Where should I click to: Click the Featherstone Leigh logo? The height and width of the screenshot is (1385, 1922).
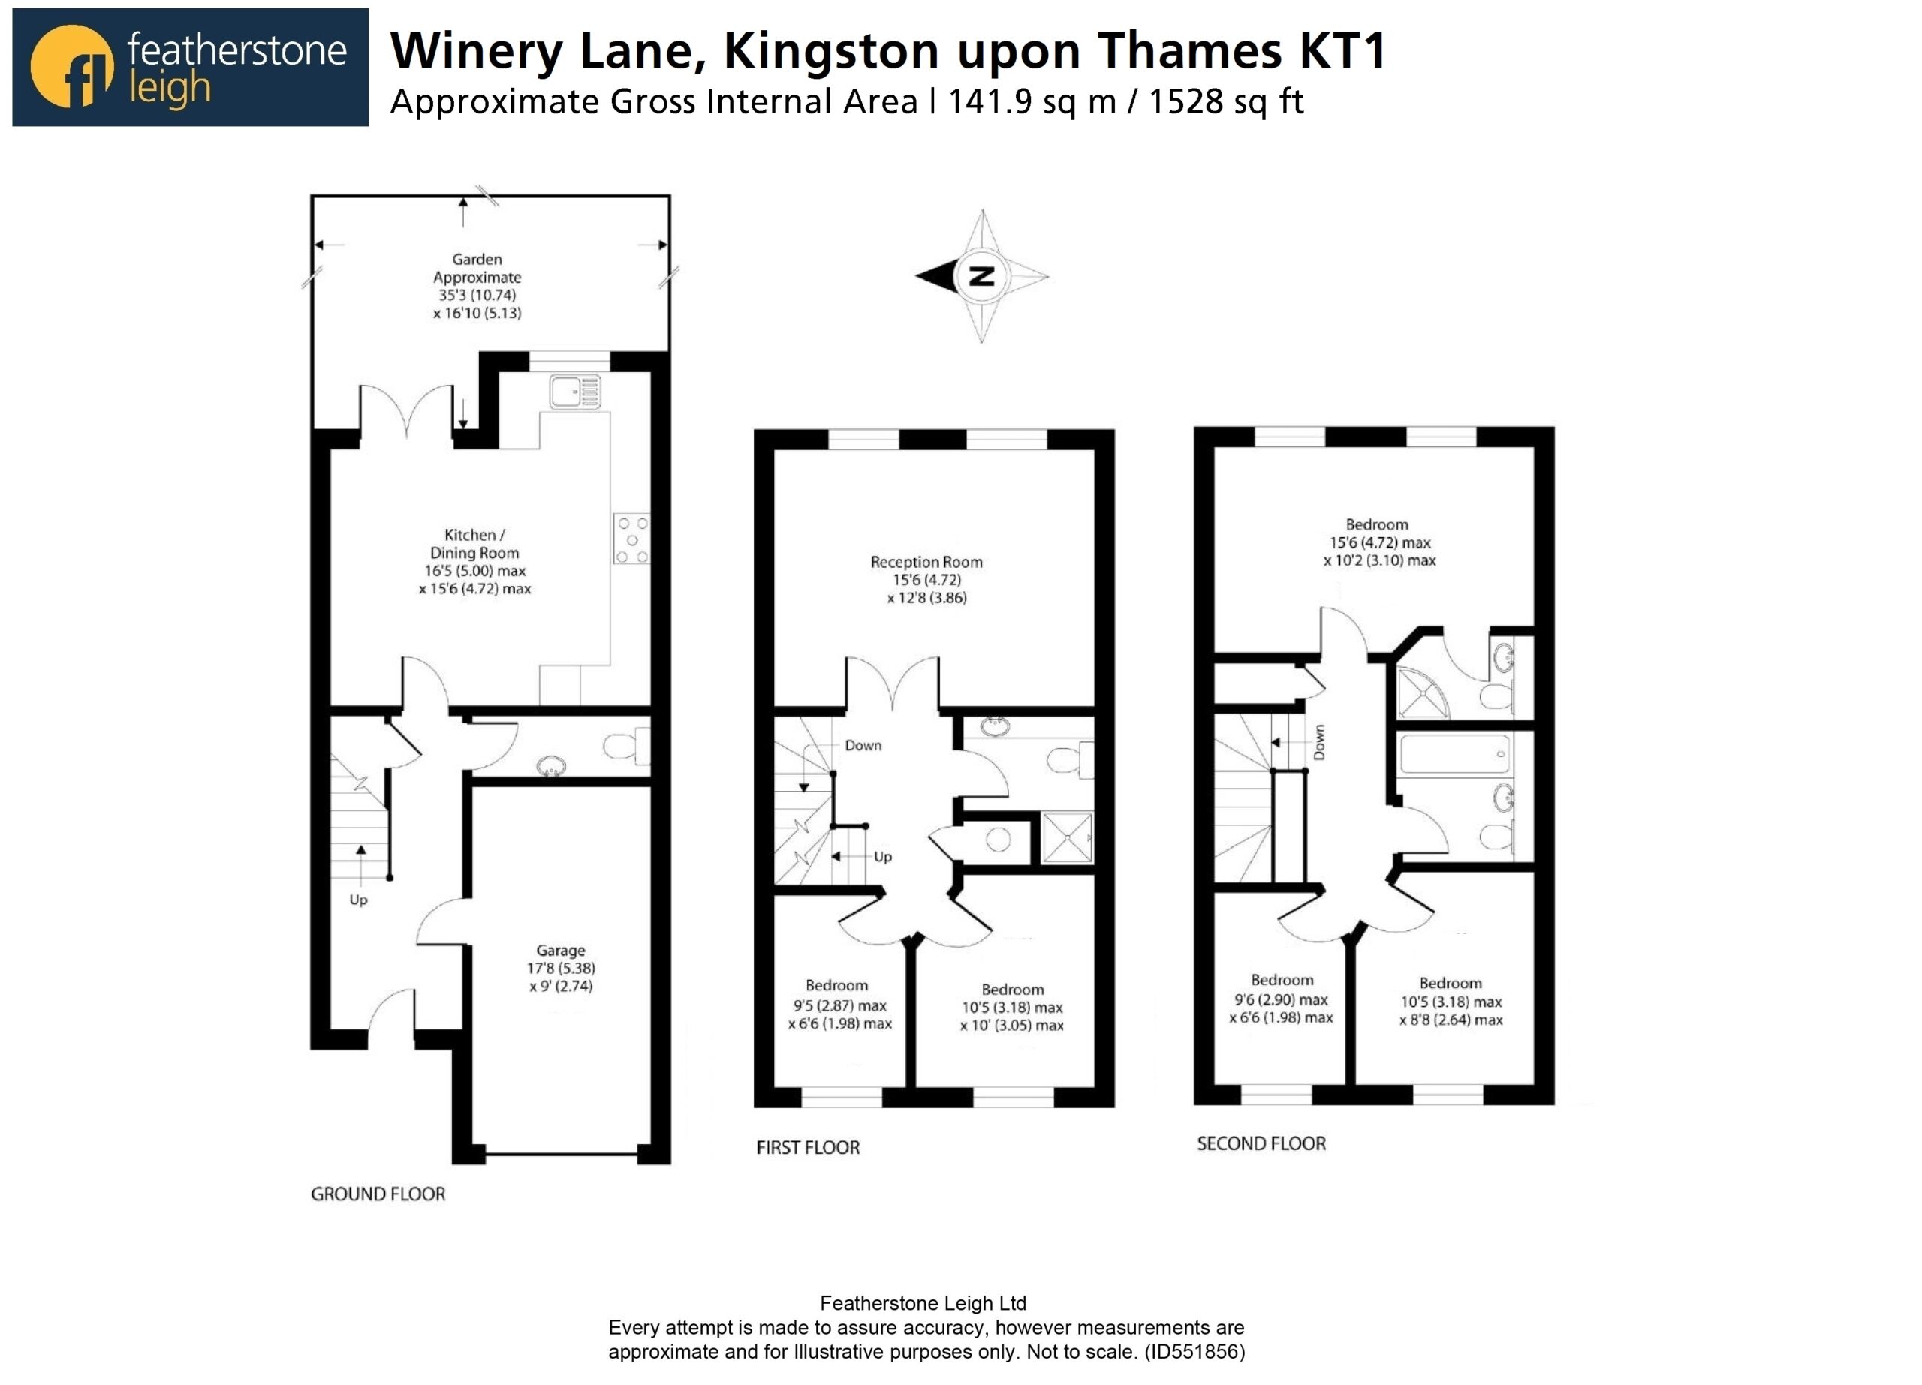(191, 68)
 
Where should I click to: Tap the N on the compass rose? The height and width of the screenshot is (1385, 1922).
(981, 276)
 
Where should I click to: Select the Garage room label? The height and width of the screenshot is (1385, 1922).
(560, 969)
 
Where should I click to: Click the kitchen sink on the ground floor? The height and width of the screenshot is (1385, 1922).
(574, 392)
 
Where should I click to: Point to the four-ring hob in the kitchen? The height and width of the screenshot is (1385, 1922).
(631, 539)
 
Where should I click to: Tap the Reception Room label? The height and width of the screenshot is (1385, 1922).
(926, 579)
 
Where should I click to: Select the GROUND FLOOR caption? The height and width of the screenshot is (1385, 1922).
(378, 1194)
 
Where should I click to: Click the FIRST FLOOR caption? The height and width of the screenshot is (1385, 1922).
(808, 1148)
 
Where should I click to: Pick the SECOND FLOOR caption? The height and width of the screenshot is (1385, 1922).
(1261, 1143)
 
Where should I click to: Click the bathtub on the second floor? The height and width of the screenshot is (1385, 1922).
(1455, 753)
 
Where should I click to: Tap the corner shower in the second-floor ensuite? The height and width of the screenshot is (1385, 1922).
(1423, 694)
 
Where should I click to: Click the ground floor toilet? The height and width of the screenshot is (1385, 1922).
(626, 747)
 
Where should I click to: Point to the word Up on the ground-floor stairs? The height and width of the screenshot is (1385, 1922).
(358, 900)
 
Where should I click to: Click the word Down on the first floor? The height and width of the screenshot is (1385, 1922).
(863, 746)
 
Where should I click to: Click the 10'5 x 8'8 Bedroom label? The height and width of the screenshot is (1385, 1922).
(1451, 1002)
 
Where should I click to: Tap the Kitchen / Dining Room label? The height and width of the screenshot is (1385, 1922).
(474, 562)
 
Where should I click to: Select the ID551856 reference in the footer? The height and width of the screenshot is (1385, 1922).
(1195, 1351)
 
